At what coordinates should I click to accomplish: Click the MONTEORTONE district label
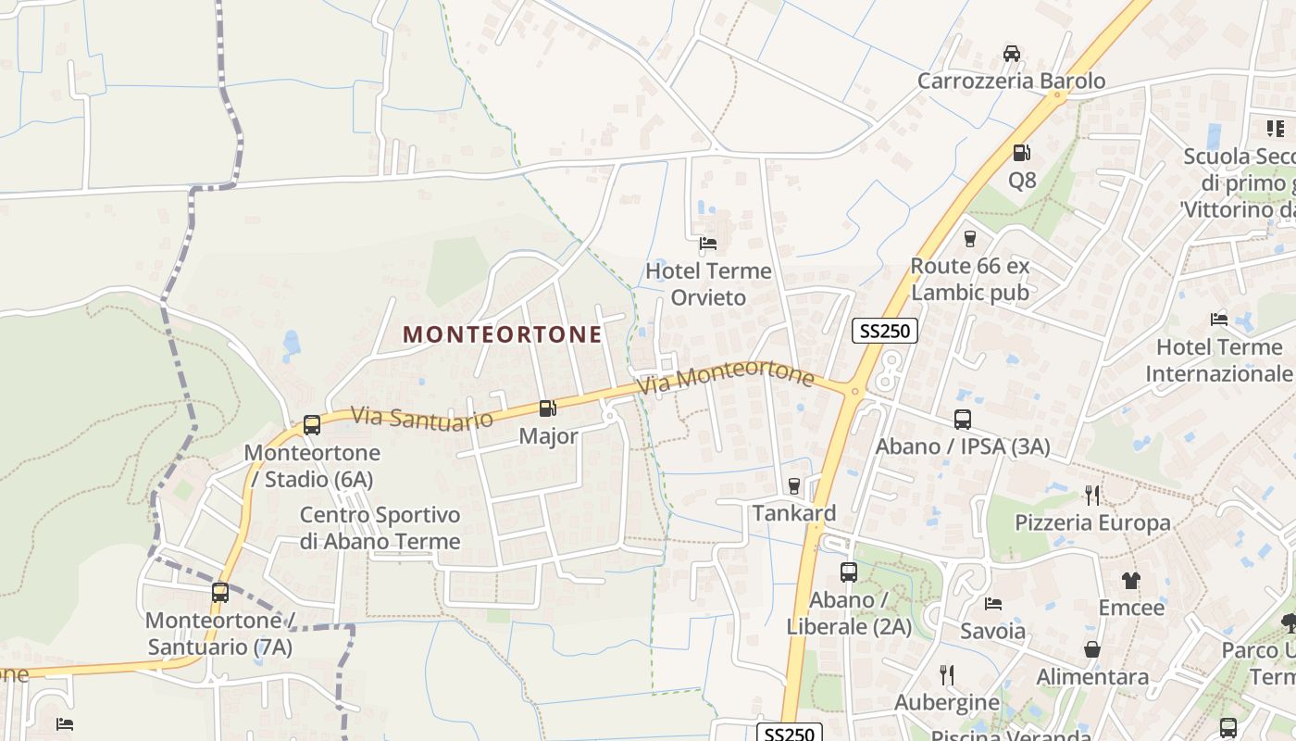click(x=503, y=334)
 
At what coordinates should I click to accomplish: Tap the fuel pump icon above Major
click(x=548, y=408)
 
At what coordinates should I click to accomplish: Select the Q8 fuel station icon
click(x=1022, y=153)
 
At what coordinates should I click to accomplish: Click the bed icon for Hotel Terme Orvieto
click(x=708, y=244)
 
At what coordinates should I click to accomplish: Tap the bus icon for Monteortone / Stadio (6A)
click(x=312, y=425)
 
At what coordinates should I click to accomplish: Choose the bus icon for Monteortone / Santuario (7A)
click(x=220, y=593)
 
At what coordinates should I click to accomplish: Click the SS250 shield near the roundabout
click(x=884, y=331)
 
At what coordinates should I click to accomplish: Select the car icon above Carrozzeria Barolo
click(x=1012, y=54)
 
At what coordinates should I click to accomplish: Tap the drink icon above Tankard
click(x=793, y=485)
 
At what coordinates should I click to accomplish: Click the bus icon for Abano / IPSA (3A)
click(x=963, y=420)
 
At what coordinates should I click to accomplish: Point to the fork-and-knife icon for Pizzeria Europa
click(x=1092, y=495)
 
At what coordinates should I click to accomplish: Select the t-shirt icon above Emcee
click(x=1130, y=581)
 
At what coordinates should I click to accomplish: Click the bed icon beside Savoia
click(x=993, y=604)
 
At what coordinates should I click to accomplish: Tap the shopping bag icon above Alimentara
click(x=1092, y=649)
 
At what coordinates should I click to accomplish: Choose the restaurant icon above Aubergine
click(x=946, y=674)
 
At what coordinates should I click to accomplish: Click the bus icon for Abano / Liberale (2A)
click(x=849, y=572)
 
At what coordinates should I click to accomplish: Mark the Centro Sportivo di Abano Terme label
click(x=380, y=528)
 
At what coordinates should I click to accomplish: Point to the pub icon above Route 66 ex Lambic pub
click(x=970, y=239)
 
